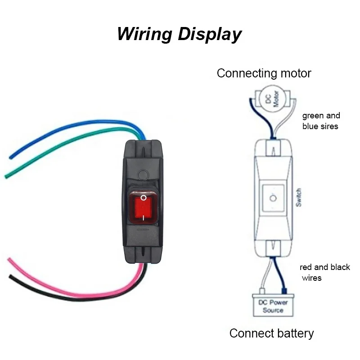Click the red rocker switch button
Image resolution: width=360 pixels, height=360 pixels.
143,207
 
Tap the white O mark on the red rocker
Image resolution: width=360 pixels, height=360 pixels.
143,198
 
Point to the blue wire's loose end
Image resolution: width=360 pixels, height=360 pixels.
10,157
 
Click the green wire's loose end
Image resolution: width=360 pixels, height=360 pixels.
6,176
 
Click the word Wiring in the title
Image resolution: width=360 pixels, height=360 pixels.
144,34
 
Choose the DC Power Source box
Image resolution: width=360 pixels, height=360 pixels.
273,306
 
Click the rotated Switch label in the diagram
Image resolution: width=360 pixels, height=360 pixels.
298,198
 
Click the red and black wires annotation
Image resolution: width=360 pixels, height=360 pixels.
324,272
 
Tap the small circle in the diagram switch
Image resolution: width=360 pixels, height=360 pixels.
272,198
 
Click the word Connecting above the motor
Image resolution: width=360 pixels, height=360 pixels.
246,73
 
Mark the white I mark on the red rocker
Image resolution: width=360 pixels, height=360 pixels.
143,217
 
